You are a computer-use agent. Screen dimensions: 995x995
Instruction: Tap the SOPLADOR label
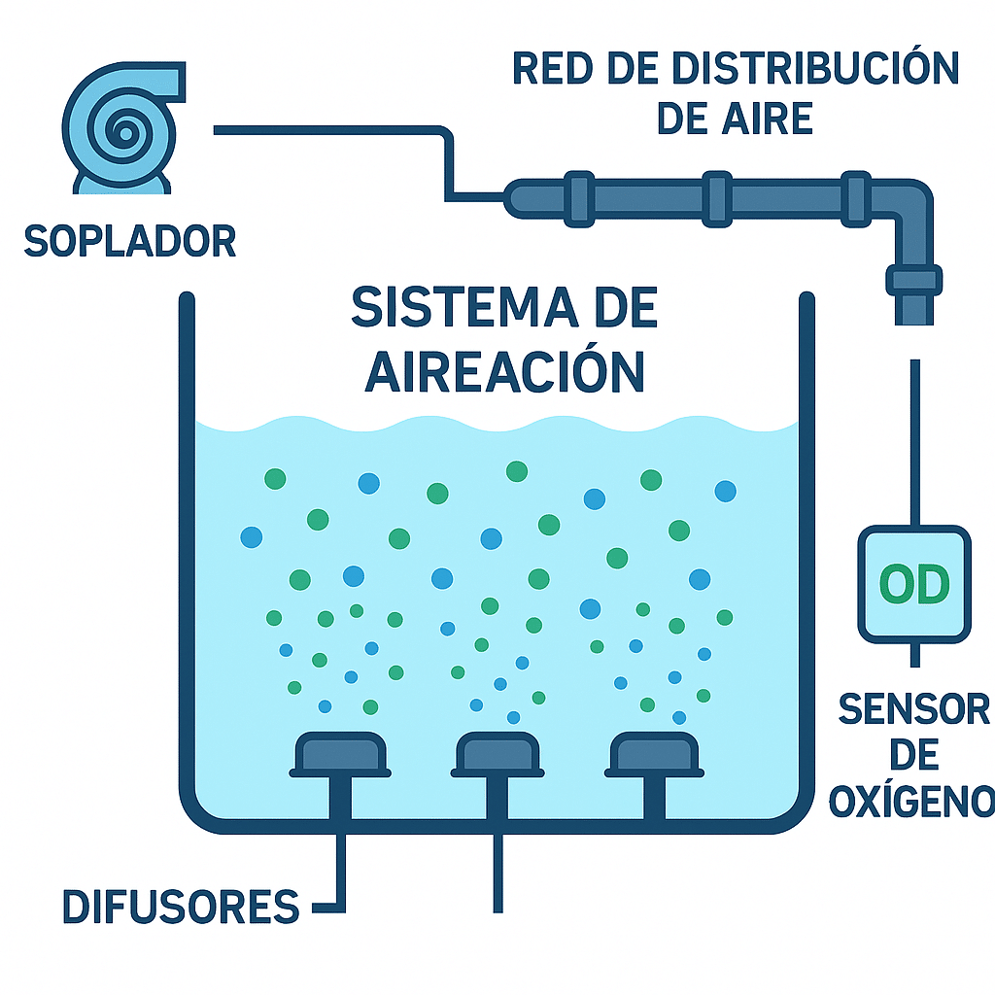129,240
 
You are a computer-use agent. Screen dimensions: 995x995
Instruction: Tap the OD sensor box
913,583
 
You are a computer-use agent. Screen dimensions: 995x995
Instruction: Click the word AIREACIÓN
505,369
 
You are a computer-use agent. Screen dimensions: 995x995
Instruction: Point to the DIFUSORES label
181,906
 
